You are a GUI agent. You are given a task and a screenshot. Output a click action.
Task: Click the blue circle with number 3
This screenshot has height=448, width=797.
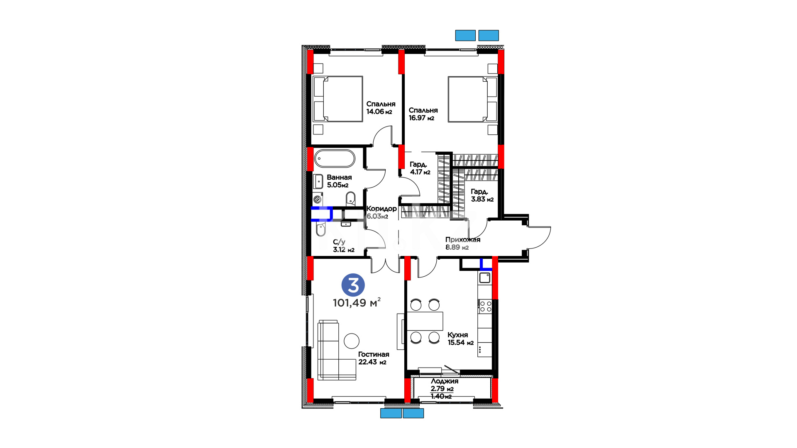click(353, 285)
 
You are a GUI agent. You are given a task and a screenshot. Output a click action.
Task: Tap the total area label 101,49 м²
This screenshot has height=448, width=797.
click(357, 302)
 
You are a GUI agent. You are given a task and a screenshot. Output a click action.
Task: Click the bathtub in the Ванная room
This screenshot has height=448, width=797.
click(335, 158)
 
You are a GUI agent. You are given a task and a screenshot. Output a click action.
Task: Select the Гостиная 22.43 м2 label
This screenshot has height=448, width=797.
click(374, 358)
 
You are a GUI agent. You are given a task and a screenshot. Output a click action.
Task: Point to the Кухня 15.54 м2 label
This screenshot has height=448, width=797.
click(460, 338)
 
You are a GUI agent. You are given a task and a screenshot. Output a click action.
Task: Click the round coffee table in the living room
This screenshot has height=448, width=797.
click(352, 341)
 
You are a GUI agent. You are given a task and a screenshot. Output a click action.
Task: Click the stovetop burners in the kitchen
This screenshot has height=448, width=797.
click(485, 307)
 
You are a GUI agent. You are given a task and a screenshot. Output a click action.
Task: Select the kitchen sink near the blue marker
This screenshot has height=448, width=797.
click(485, 278)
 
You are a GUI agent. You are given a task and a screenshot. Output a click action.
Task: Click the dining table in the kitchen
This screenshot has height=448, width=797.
click(425, 321)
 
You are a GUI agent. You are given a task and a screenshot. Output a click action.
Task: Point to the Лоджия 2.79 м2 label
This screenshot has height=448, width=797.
click(444, 385)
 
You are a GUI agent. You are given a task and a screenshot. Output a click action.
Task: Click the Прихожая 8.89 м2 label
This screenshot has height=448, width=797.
click(462, 243)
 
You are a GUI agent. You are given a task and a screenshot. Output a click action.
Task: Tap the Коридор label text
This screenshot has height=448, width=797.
click(381, 209)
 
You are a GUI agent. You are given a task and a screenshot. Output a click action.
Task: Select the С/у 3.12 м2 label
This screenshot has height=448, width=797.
click(344, 246)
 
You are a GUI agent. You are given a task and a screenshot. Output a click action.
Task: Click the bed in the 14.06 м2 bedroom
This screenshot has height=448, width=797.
click(338, 99)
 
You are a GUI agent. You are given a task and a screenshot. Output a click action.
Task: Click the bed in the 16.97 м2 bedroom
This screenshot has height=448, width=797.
click(472, 99)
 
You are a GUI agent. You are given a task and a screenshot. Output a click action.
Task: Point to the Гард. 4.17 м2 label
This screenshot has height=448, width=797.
click(420, 168)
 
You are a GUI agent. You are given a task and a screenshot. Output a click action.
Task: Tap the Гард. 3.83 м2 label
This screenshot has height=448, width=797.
click(482, 195)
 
